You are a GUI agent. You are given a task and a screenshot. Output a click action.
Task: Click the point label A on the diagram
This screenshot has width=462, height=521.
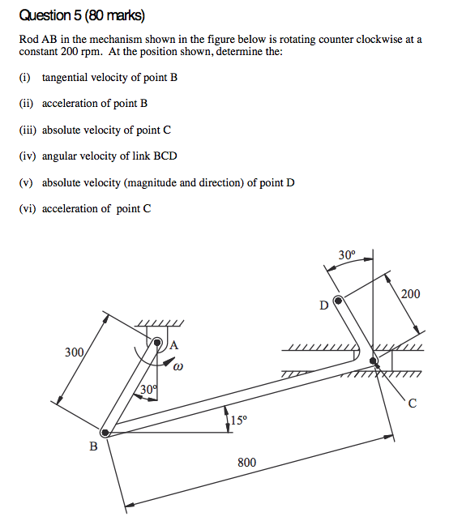(x=173, y=344)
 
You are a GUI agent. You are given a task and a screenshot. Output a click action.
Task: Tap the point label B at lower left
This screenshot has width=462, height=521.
(x=93, y=446)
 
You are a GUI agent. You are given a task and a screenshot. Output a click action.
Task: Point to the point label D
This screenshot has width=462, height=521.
(x=324, y=306)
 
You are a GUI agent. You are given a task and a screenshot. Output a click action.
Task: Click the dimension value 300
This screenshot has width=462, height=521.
(x=75, y=352)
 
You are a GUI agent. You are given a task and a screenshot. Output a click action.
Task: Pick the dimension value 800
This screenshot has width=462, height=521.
(x=246, y=463)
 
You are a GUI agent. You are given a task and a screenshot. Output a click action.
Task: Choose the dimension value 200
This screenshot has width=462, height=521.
(x=411, y=294)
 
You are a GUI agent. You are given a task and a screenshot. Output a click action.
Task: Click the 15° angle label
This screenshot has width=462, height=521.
(x=238, y=420)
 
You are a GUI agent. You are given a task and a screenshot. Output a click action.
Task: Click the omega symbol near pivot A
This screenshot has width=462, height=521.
(x=178, y=367)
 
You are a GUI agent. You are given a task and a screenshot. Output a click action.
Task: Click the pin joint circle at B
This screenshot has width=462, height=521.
(x=105, y=432)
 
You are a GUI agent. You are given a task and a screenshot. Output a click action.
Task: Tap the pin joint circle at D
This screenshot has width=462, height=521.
(x=339, y=301)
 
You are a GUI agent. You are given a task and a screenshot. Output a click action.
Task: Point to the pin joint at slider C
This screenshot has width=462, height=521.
(x=373, y=360)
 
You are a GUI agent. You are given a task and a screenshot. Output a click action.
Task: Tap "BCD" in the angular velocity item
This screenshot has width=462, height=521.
(x=164, y=156)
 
